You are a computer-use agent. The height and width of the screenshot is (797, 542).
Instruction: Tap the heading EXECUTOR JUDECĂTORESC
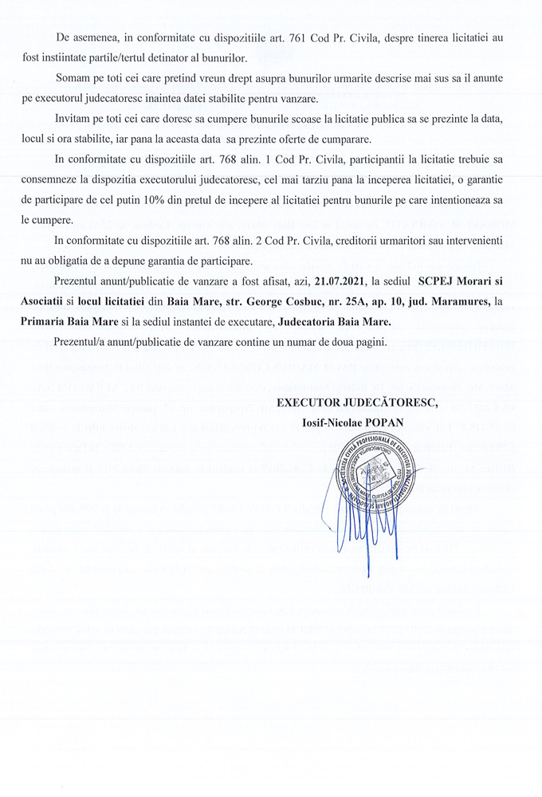357,402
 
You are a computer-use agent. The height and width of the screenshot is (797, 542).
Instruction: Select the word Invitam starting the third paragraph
74,118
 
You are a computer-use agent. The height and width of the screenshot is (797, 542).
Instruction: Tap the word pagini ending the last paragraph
367,344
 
